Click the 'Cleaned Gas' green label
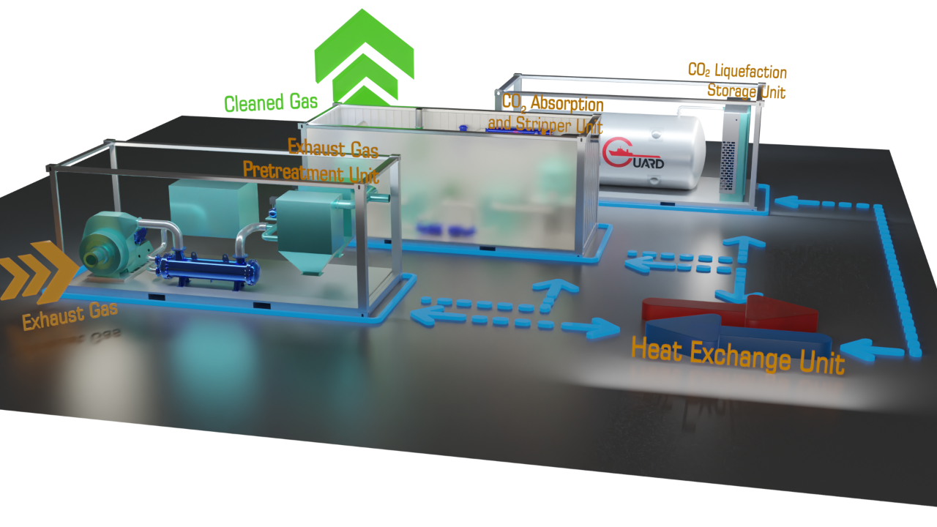point(271,103)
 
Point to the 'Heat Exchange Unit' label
point(737,356)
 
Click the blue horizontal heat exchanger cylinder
point(208,270)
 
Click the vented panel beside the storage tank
point(728,166)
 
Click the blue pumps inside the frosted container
point(446,229)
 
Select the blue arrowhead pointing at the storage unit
point(786,201)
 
